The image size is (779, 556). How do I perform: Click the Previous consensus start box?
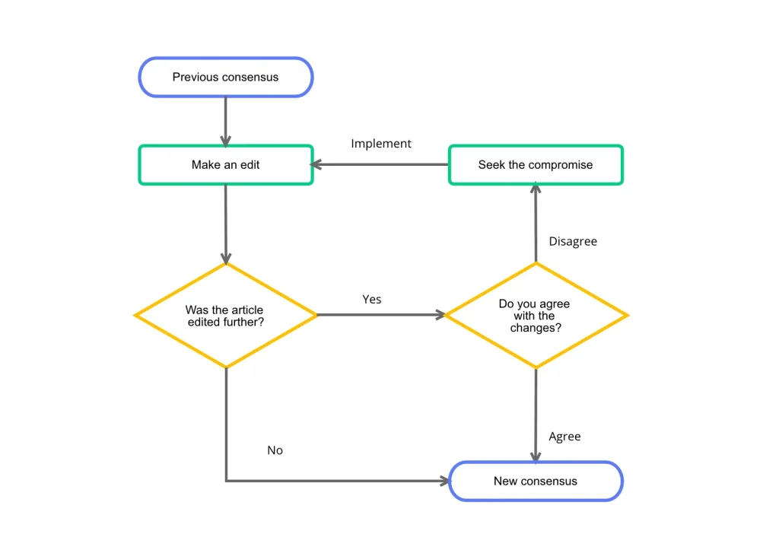pyautogui.click(x=225, y=77)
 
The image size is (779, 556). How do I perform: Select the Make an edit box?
pyautogui.click(x=225, y=165)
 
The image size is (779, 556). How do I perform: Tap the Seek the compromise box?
pyautogui.click(x=536, y=165)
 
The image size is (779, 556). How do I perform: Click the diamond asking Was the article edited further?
pyautogui.click(x=225, y=315)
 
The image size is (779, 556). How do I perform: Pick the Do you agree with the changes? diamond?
pyautogui.click(x=536, y=315)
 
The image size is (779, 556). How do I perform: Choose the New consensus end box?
pyautogui.click(x=536, y=481)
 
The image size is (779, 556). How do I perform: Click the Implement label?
pyautogui.click(x=381, y=144)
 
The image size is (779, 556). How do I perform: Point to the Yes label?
pyautogui.click(x=372, y=300)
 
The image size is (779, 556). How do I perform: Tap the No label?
pyautogui.click(x=275, y=450)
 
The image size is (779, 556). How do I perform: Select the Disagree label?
pyautogui.click(x=573, y=241)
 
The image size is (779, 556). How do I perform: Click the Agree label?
pyautogui.click(x=564, y=437)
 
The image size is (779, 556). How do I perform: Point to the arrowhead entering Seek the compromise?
pyautogui.click(x=536, y=188)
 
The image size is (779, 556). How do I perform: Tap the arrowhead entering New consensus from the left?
pyautogui.click(x=444, y=481)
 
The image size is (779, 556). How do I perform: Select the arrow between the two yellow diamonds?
pyautogui.click(x=380, y=314)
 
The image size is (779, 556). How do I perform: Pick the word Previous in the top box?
pyautogui.click(x=196, y=77)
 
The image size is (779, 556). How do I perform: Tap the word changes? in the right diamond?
pyautogui.click(x=536, y=328)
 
